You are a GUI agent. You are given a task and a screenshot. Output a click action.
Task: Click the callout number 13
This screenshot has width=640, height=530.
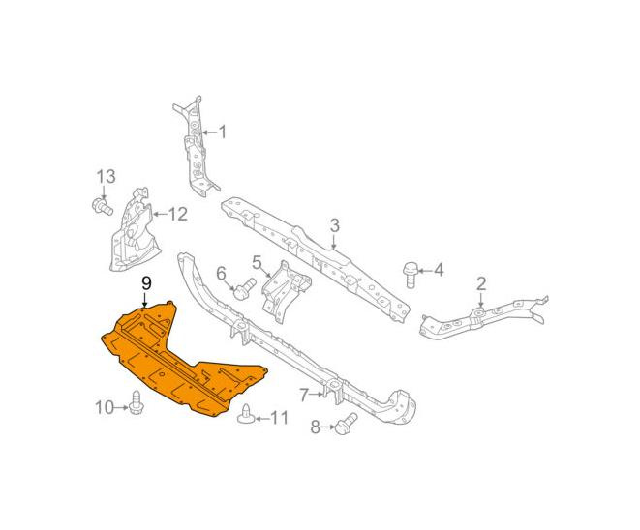pos(107,177)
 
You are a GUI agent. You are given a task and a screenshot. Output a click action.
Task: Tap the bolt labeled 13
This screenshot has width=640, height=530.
pos(102,206)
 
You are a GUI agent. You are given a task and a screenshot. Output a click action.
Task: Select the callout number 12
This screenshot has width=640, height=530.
pos(177,214)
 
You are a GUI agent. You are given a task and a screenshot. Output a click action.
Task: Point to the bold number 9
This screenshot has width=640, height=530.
pos(146,283)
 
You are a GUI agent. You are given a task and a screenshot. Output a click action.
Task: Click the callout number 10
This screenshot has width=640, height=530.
pos(104,407)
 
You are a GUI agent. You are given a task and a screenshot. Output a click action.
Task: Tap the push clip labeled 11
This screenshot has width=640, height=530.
pos(246,415)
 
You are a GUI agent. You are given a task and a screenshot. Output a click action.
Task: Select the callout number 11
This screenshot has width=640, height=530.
pos(280,418)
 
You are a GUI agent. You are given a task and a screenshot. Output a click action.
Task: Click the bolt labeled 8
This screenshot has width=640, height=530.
pos(346,424)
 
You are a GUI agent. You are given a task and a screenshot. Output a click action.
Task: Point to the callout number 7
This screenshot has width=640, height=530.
pos(304,395)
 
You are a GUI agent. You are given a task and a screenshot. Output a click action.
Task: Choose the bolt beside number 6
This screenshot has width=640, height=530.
pos(244,288)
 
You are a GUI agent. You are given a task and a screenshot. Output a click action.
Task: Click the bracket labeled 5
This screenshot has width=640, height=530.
pos(286,292)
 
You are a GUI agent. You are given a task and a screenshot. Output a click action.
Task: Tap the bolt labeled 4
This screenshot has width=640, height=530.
pos(410,276)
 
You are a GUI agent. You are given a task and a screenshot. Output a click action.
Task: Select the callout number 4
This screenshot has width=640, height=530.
pos(439,270)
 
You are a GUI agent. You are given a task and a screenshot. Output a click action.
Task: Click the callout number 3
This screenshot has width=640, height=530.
pos(334,225)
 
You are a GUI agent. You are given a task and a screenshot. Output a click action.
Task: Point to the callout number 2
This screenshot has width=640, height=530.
pos(481,283)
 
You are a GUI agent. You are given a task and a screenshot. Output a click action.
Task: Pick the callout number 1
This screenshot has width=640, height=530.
pos(222,132)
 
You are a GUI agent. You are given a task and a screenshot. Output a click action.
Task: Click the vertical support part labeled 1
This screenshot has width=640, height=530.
pos(196,146)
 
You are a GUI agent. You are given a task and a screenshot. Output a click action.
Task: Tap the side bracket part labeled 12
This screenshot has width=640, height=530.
pos(135,231)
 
